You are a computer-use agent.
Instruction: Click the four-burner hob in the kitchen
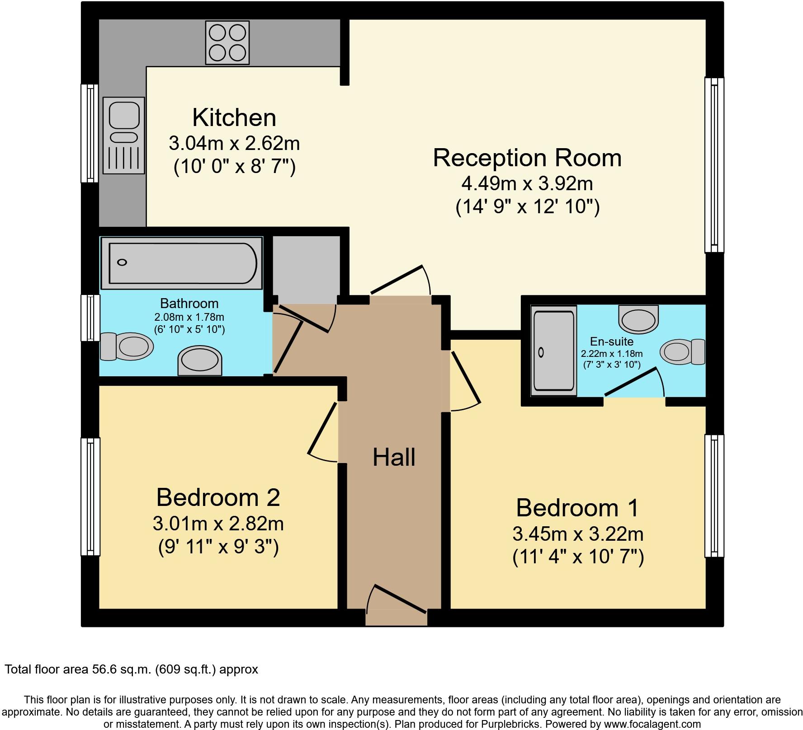(x=227, y=42)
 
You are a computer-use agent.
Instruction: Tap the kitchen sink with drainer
(x=123, y=135)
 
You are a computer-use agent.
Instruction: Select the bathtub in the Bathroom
(x=182, y=263)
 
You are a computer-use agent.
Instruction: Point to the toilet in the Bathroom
(x=127, y=346)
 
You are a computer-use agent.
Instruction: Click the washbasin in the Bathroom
(x=200, y=361)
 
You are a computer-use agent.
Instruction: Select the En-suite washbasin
(x=638, y=318)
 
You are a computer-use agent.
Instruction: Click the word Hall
(x=394, y=457)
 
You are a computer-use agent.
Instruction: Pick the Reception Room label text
(x=527, y=158)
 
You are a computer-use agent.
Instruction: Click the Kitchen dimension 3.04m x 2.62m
(x=234, y=144)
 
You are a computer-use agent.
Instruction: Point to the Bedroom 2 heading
(x=218, y=497)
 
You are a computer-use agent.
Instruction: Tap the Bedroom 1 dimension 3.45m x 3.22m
(x=578, y=534)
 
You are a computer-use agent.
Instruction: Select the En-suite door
(x=634, y=382)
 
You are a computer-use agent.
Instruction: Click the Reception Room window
(x=714, y=165)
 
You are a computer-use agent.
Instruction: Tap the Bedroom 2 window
(x=90, y=496)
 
